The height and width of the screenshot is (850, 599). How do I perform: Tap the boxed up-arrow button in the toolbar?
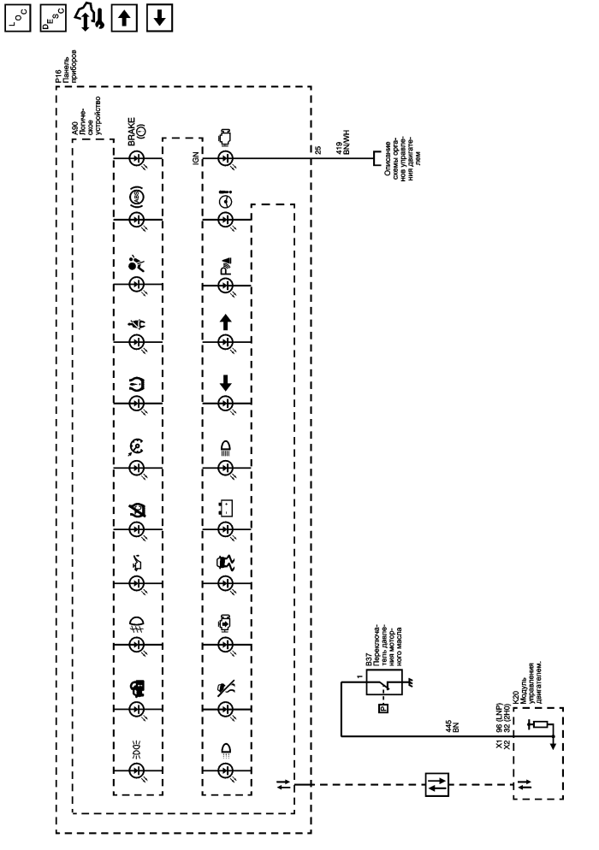click(125, 16)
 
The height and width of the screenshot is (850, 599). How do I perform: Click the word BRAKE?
click(133, 133)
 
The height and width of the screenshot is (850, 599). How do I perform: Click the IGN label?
click(195, 159)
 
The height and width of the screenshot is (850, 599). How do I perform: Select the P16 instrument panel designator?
click(50, 81)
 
